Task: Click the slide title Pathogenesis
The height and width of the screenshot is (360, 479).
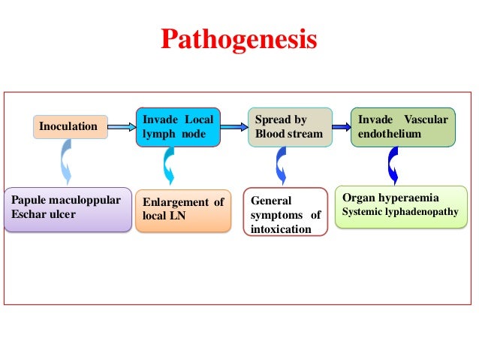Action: [x=239, y=39]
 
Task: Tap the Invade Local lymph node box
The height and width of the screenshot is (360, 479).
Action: [x=179, y=127]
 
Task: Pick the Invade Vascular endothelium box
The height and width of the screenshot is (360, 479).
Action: [x=403, y=127]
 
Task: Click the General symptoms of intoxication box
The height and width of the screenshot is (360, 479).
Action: [x=285, y=213]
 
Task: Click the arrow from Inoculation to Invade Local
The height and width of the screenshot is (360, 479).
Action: [x=121, y=127]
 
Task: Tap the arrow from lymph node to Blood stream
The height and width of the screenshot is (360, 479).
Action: [x=235, y=127]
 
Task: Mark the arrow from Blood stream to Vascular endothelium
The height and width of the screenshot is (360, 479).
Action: [x=341, y=127]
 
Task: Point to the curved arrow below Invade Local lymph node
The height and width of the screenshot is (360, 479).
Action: [x=168, y=165]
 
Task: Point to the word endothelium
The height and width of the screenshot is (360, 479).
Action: [x=390, y=134]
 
